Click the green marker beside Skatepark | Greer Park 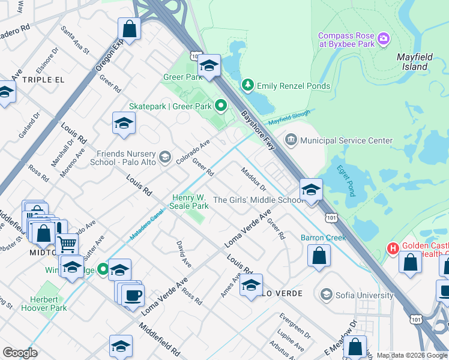point(221,106)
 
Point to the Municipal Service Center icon point(291,140)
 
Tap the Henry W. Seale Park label point(190,201)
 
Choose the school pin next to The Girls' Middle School point(311,191)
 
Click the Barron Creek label point(323,238)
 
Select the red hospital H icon point(393,247)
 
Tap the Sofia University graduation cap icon point(326,294)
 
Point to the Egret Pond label point(346,180)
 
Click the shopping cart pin point(67,244)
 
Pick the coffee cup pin point(133,295)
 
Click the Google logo point(20,353)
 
